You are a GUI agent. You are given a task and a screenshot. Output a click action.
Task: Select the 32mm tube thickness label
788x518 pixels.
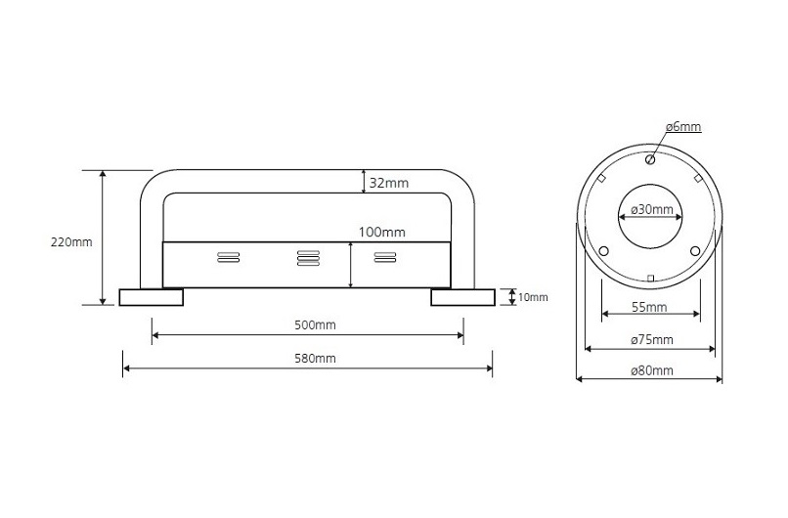[389, 182]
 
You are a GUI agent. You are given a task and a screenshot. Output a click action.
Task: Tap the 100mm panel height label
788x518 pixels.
[381, 233]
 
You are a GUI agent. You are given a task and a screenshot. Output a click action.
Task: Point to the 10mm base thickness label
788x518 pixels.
[533, 297]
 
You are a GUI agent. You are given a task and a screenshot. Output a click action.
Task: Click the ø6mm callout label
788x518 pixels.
[683, 127]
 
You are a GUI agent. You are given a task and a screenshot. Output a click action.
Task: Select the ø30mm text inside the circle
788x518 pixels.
[651, 210]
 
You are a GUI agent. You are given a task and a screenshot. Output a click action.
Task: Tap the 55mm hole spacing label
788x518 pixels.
[650, 307]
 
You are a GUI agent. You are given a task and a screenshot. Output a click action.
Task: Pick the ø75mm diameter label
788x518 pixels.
[651, 339]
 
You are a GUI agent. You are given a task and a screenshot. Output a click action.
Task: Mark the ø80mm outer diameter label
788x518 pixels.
[651, 370]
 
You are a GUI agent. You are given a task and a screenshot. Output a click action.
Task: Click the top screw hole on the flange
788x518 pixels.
[650, 158]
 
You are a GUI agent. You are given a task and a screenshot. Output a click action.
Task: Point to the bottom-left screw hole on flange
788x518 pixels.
[603, 251]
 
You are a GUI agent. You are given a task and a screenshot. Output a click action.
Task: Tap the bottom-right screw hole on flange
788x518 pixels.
[695, 251]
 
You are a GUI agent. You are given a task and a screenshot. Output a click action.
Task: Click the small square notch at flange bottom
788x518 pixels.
[650, 280]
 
